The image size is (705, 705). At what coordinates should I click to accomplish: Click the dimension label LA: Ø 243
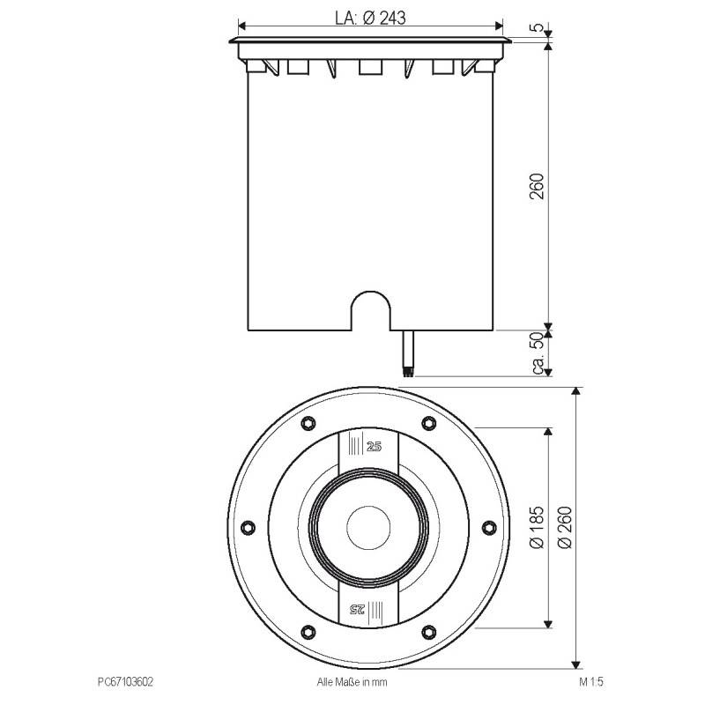coord(370,16)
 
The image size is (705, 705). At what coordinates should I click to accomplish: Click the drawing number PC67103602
coord(128,681)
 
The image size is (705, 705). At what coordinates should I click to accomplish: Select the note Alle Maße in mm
coord(352,681)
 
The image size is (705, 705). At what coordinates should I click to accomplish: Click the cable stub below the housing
coord(407,352)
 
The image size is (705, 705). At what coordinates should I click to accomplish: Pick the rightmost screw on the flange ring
coord(489,527)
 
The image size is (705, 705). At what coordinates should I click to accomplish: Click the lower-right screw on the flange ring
coord(428,631)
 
